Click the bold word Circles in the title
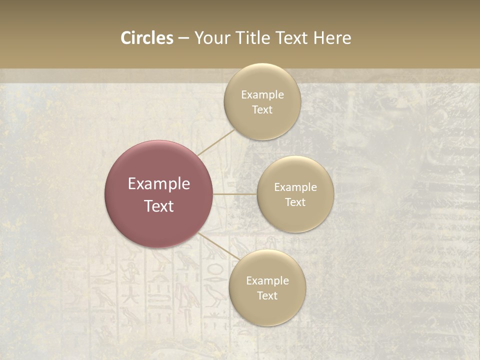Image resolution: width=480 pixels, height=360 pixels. pos(146,38)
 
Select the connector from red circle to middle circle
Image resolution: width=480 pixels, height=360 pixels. pos(234,194)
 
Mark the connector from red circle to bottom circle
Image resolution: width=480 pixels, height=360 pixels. pos(215,245)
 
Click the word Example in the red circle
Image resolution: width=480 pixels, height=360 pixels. pos(158,184)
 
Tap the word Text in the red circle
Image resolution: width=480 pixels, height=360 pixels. pos(158,206)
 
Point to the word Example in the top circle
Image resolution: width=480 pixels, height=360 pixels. pos(262,95)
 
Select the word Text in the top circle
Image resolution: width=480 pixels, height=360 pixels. pos(262,110)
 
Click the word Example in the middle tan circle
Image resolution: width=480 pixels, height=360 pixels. pos(295,187)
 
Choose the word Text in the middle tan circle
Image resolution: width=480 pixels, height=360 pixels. pos(295,202)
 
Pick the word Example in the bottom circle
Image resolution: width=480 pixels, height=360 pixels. pos(267,281)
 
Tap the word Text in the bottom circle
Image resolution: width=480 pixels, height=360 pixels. pos(267,296)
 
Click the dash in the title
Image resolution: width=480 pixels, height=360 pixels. pos(183,38)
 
